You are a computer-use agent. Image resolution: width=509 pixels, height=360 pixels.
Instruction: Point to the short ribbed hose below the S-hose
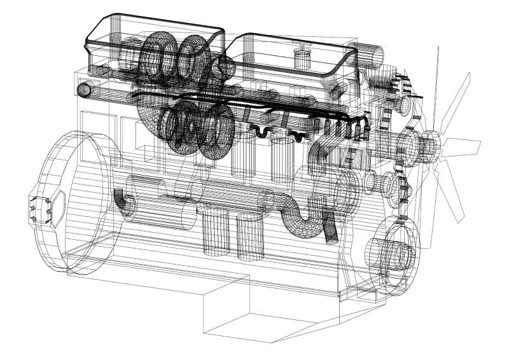pyautogui.click(x=329, y=230)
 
